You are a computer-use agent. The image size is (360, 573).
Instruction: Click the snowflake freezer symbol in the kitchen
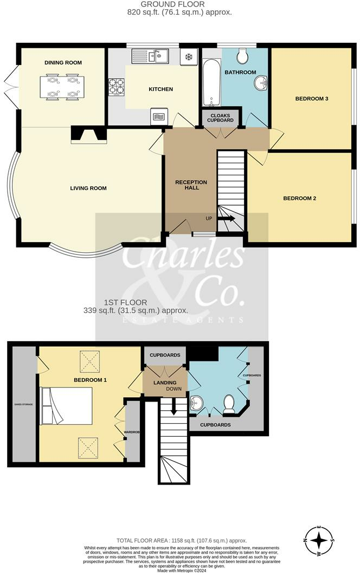(x=189, y=56)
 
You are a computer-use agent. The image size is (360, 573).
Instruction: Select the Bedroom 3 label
(x=312, y=99)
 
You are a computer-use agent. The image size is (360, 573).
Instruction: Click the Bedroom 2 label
(x=299, y=199)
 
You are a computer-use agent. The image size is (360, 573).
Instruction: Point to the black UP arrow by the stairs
(x=226, y=219)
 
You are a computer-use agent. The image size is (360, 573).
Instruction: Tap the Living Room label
(x=88, y=188)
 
